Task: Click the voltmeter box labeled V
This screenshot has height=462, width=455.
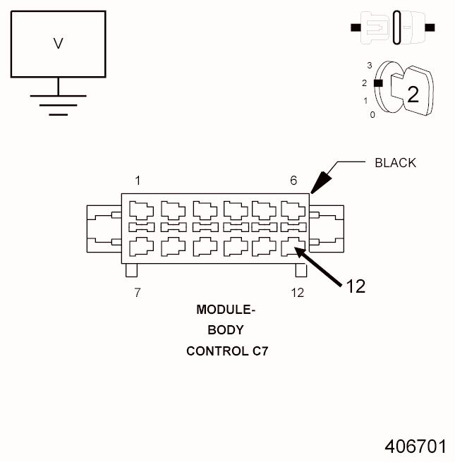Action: [x=59, y=44]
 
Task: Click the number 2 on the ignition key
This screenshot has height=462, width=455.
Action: [x=413, y=94]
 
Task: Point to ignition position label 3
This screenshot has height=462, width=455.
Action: [x=369, y=65]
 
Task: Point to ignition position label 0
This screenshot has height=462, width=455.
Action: [x=372, y=115]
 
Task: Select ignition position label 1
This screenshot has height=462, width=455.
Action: [x=365, y=100]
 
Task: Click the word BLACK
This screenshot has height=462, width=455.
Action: [x=395, y=163]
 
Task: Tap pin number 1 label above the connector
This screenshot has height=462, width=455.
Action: [x=138, y=181]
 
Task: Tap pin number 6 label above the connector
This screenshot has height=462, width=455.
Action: [x=293, y=181]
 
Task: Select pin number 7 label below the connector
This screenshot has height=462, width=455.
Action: [x=138, y=293]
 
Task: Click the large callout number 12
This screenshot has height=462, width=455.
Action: [x=356, y=286]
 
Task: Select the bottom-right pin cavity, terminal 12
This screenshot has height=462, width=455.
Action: [x=293, y=246]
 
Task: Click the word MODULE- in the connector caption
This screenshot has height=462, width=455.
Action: [x=226, y=309]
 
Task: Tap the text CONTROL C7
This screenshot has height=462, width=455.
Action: [x=226, y=351]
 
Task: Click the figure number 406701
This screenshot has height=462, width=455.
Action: [x=415, y=446]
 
